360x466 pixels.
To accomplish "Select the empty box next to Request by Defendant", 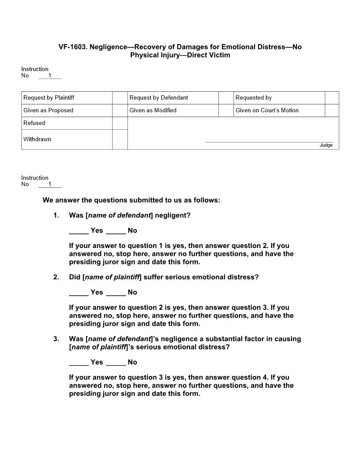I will tap(226, 98).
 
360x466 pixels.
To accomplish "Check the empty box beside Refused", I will tap(120, 123).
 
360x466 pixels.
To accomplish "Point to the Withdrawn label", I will tap(37, 139).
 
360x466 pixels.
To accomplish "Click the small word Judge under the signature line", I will tap(326, 145).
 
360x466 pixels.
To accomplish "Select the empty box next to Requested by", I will tap(332, 98).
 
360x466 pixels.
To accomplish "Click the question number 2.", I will tap(56, 277).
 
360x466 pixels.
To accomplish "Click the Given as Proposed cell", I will tap(49, 110).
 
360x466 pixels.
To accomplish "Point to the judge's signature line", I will tap(269, 142).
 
